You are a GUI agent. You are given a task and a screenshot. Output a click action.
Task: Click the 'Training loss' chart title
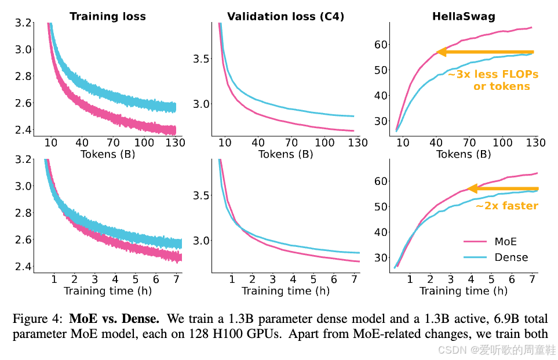(x=108, y=16)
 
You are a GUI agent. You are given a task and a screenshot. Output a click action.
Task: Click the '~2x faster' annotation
(x=506, y=206)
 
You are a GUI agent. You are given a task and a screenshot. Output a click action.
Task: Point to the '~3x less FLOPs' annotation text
(x=493, y=74)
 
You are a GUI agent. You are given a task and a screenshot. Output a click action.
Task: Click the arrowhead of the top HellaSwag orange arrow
(x=440, y=52)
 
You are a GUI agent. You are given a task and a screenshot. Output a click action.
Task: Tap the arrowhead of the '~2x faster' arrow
(x=472, y=188)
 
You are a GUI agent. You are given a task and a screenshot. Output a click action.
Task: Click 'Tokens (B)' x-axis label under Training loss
(x=107, y=154)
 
